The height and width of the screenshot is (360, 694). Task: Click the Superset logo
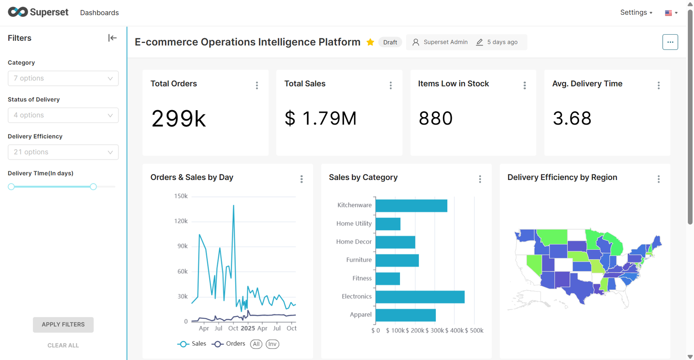coord(38,12)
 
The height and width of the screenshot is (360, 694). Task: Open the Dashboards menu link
coord(99,13)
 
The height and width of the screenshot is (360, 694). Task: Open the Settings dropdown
coord(636,13)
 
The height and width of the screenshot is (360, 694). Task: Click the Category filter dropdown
coord(63,79)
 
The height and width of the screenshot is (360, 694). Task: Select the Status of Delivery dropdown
coord(63,115)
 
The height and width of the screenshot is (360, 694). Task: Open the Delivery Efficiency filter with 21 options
coord(63,152)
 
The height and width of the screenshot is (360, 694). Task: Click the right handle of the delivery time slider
coord(93,187)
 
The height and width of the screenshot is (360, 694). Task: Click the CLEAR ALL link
coord(63,345)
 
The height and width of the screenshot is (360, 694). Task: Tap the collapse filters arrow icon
coord(112,38)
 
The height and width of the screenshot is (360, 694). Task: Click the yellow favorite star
coord(370,42)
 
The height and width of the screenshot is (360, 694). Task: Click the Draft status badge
coord(390,42)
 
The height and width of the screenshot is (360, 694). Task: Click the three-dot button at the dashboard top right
coord(670,42)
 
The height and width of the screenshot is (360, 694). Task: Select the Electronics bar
coord(420,297)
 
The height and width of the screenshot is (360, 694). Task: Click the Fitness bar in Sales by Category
coord(388,278)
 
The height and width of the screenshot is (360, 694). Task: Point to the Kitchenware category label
coord(354,205)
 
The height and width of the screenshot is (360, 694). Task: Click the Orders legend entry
coord(229,344)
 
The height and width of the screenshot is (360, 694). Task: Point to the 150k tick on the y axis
coord(181,196)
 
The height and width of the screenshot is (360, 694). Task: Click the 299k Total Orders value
coord(179,118)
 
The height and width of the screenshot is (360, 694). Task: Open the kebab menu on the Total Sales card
coord(391,85)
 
